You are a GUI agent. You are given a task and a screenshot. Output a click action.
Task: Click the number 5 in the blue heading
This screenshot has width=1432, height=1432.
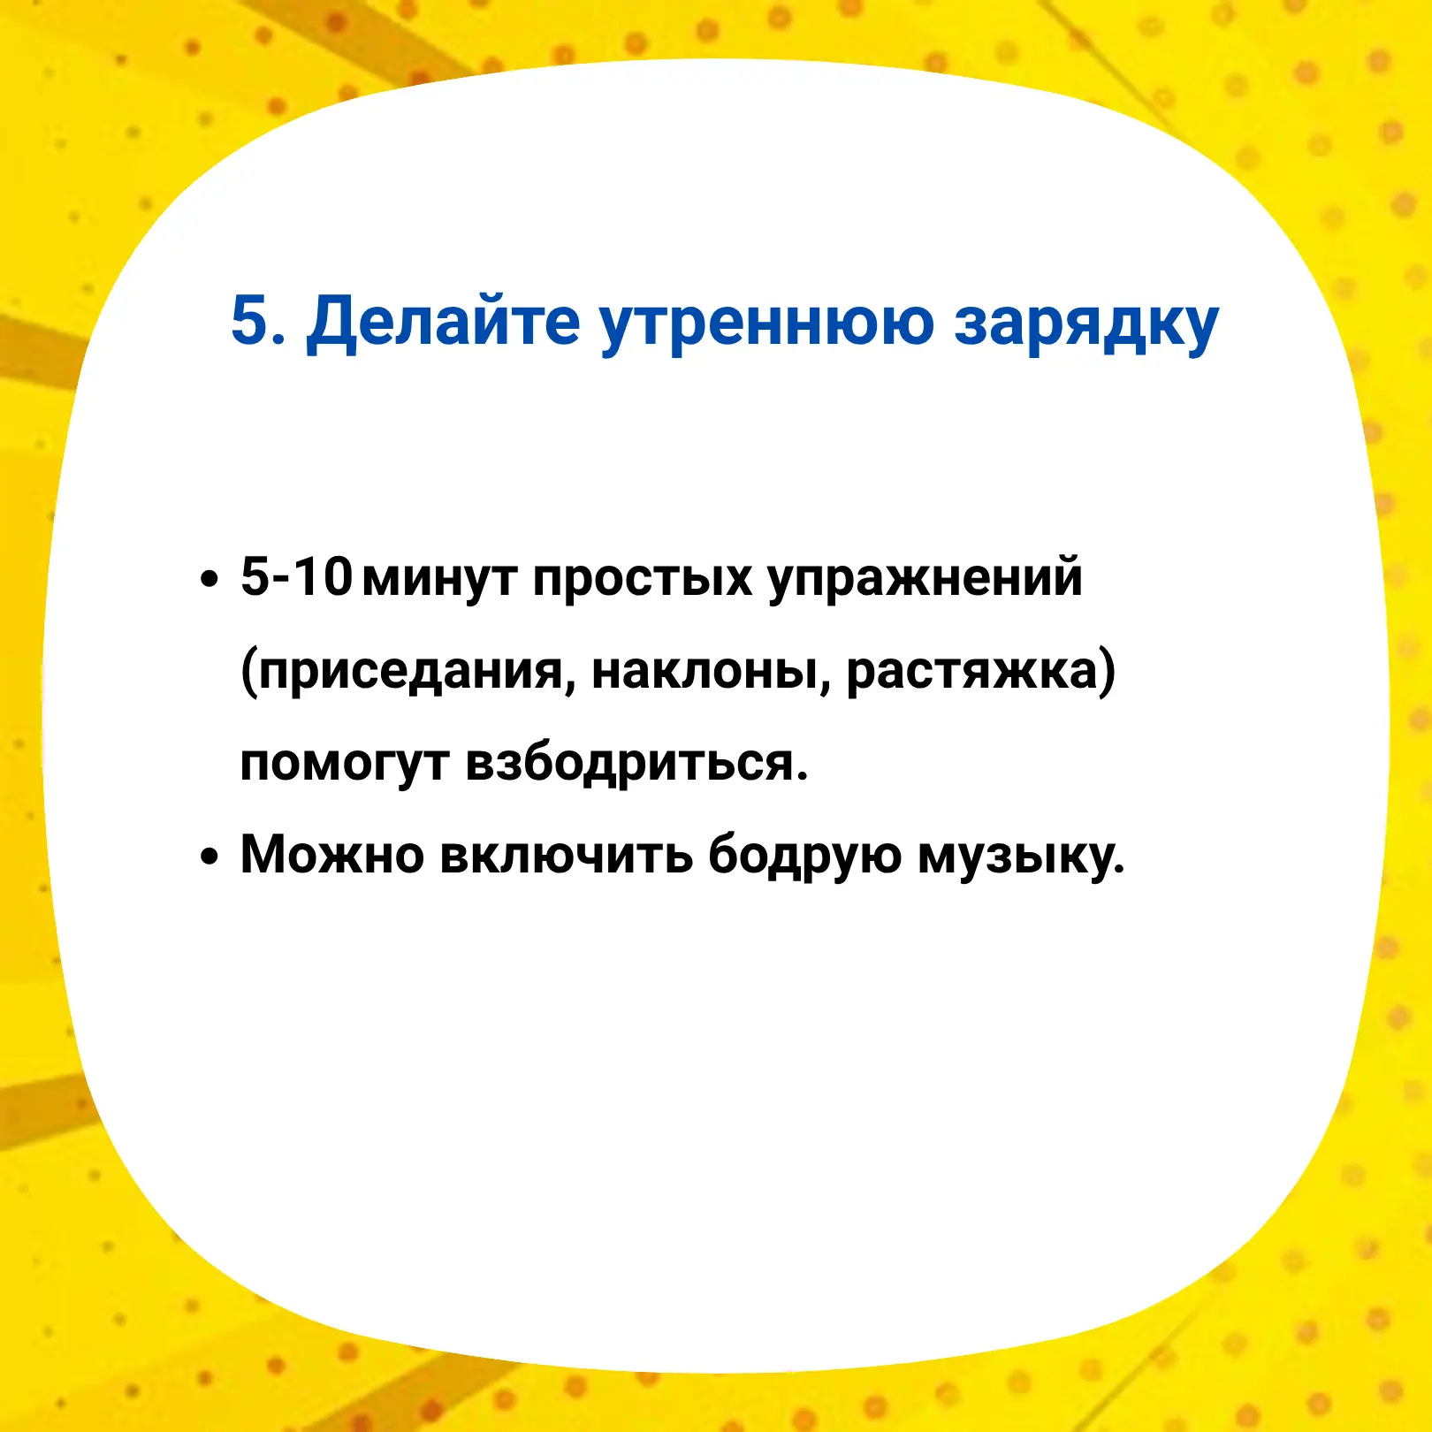[x=249, y=319]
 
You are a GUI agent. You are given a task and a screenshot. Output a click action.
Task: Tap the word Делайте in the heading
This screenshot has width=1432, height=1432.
[x=443, y=322]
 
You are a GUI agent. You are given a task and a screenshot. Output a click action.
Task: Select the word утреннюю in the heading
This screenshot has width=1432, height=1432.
[x=766, y=325]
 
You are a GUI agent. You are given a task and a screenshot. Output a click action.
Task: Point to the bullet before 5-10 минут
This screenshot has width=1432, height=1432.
[x=209, y=580]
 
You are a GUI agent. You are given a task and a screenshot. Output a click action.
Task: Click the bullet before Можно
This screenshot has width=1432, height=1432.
[x=209, y=857]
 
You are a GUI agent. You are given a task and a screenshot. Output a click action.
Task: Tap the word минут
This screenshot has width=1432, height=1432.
[x=440, y=581]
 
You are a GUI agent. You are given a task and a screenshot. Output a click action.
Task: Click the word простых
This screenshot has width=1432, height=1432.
[x=643, y=581]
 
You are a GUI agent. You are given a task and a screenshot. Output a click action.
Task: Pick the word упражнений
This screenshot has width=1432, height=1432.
[x=925, y=580]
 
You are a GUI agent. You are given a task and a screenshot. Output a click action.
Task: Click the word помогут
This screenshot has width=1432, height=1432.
[x=345, y=766]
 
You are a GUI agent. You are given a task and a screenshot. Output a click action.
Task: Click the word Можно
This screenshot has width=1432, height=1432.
[x=332, y=855]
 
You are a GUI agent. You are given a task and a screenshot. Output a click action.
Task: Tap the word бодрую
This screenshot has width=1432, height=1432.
[x=804, y=857]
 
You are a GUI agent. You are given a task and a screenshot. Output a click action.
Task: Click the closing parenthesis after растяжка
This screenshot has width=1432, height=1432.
[x=1107, y=672]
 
